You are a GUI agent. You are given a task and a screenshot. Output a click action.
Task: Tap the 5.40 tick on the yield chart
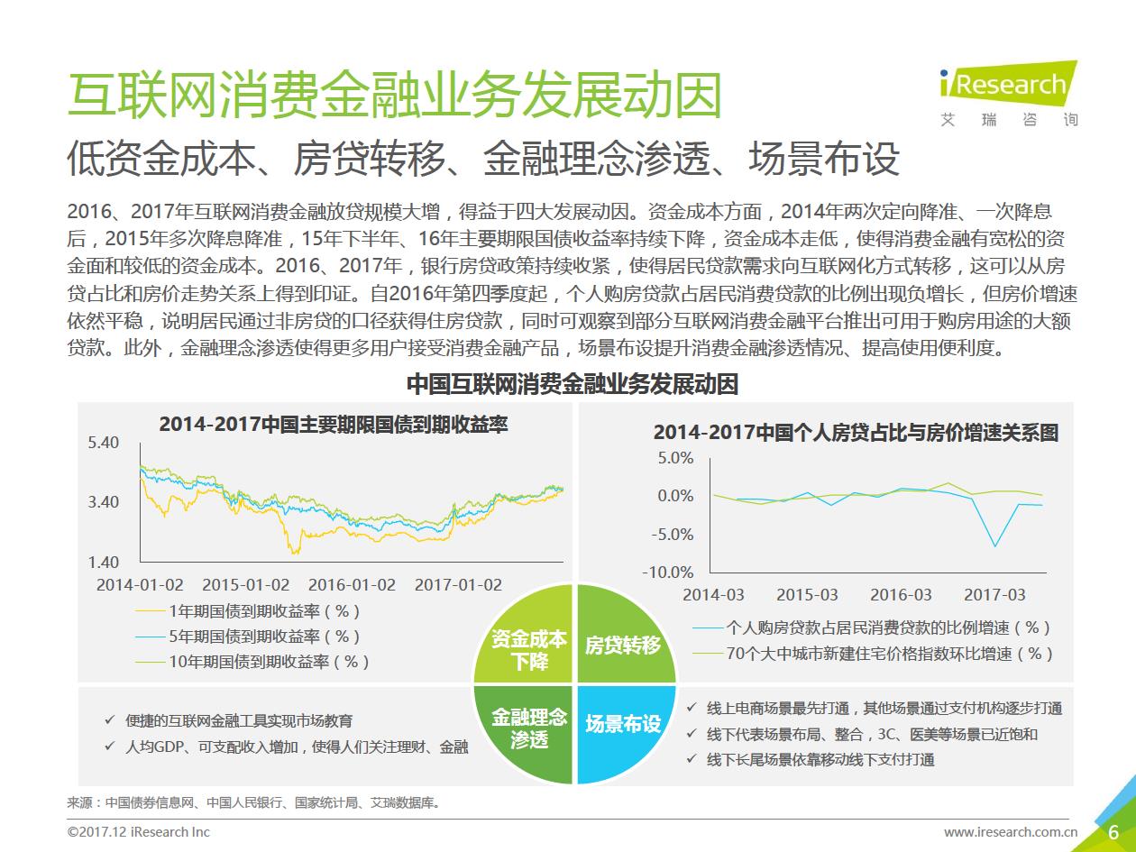coord(104,443)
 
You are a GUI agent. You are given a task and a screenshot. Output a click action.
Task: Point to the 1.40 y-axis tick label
coord(104,563)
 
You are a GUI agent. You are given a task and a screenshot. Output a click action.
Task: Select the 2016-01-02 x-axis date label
coord(352,584)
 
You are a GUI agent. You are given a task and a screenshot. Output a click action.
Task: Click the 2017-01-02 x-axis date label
coord(458,584)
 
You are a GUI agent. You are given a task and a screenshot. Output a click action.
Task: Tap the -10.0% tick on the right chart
coord(668,573)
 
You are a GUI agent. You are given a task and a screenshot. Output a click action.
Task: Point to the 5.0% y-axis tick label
coord(676,458)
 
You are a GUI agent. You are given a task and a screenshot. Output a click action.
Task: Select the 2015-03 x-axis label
coord(807,595)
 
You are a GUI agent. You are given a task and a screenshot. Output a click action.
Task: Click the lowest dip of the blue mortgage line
coord(995,546)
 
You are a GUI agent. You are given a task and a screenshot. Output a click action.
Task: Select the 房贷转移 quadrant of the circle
coord(622,646)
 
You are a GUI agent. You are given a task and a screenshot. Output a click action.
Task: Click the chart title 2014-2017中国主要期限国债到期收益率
coord(334,424)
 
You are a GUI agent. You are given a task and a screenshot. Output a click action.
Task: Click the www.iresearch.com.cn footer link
coord(1010,832)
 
